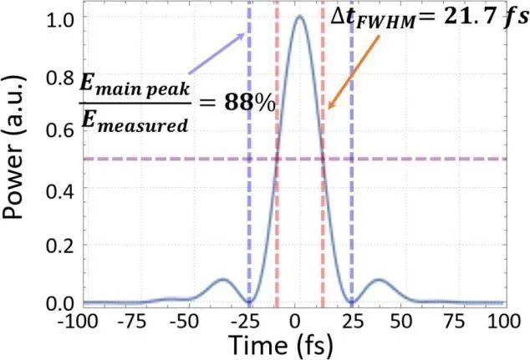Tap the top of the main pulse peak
click(298, 17)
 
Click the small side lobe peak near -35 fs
click(223, 279)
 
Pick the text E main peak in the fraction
click(136, 85)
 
